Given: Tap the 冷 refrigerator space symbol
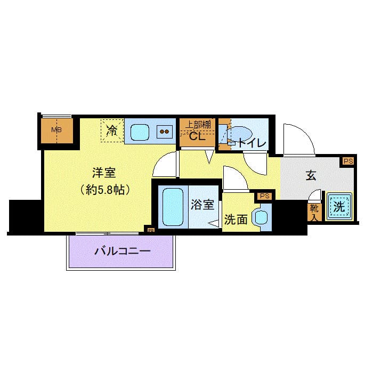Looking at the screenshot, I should (x=112, y=130).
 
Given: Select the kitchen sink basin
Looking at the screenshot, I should (x=140, y=131).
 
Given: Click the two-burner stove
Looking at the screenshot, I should (x=165, y=131).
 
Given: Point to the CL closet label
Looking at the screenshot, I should (x=198, y=137).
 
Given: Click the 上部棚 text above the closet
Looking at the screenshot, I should (x=198, y=125).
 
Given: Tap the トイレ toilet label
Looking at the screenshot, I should (x=248, y=142).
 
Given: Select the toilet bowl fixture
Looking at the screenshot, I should (x=239, y=134).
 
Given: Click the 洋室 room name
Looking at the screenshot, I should (x=104, y=173).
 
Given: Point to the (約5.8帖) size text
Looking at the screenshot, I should (x=104, y=189).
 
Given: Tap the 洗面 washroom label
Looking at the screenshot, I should (x=235, y=220).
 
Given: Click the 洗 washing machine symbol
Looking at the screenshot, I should (x=339, y=206).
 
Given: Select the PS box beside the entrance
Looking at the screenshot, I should (x=348, y=161).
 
